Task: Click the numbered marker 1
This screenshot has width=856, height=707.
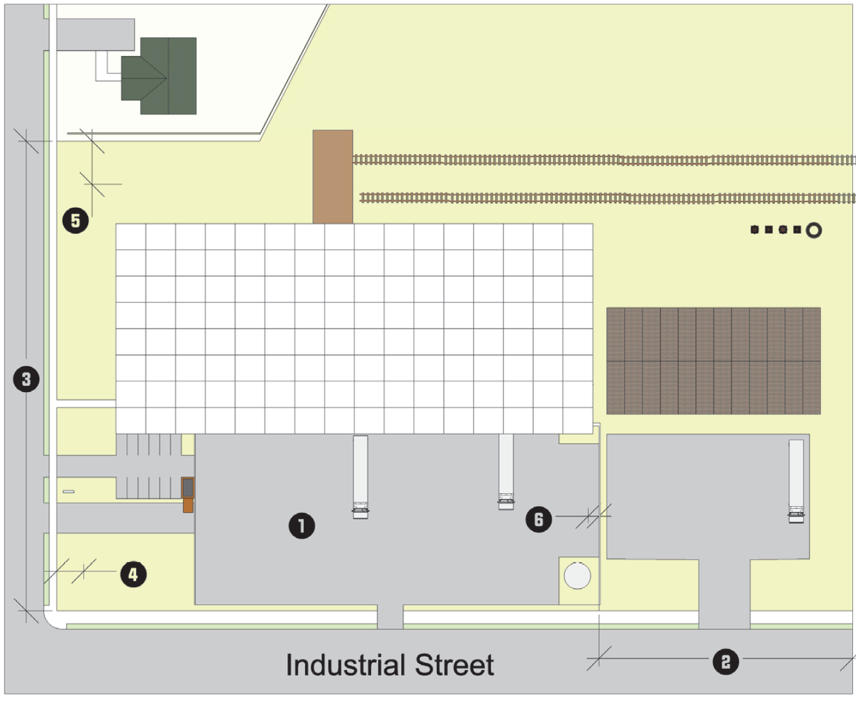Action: (301, 526)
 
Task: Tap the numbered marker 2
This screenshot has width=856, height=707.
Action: (725, 662)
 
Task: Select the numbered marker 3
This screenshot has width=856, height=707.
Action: (26, 378)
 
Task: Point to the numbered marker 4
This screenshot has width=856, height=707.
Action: (133, 574)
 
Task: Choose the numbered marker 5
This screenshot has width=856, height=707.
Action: (75, 220)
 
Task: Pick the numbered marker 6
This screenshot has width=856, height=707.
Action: (539, 519)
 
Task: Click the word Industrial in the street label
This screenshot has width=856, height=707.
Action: (346, 665)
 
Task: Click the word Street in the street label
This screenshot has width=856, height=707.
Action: (454, 665)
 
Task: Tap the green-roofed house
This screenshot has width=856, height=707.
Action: (160, 76)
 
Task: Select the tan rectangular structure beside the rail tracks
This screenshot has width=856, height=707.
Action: (333, 176)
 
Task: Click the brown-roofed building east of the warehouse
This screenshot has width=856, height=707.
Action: (713, 361)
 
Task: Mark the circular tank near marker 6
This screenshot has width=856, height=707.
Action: (577, 576)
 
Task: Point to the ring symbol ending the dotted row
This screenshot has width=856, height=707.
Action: (813, 231)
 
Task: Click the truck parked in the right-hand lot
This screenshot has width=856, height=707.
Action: (796, 481)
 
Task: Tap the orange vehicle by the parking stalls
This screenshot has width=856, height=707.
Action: (188, 495)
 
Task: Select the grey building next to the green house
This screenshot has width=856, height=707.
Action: (96, 35)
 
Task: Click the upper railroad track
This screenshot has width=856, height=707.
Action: (604, 160)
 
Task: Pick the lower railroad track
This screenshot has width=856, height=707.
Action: (607, 198)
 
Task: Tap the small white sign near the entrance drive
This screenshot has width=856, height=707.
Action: (68, 491)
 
